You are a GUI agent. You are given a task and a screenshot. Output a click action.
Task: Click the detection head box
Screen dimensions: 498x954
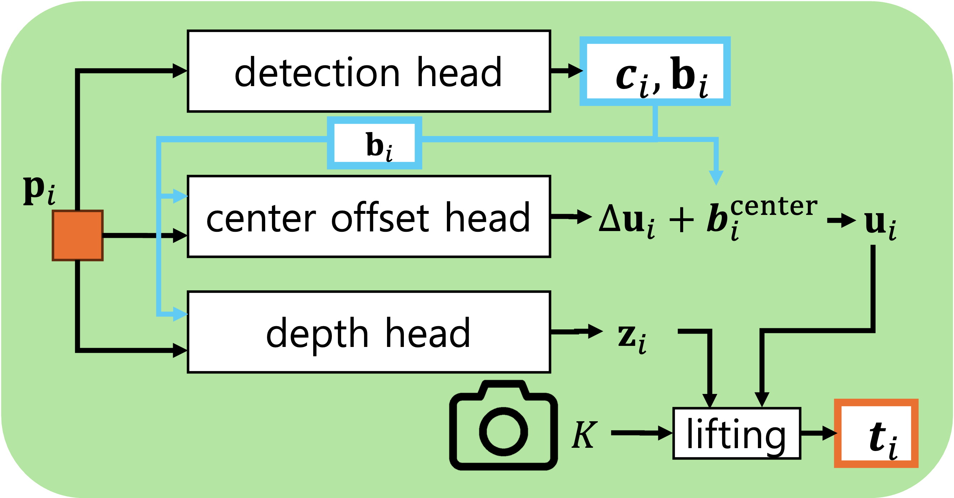click(x=368, y=71)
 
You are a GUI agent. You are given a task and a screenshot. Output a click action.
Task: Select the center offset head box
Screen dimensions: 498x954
click(x=368, y=217)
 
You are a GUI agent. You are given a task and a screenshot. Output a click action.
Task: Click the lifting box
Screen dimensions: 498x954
click(x=736, y=433)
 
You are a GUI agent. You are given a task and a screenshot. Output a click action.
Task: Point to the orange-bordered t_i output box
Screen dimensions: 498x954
click(x=876, y=433)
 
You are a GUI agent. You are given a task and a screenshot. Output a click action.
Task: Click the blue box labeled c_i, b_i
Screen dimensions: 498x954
click(x=655, y=71)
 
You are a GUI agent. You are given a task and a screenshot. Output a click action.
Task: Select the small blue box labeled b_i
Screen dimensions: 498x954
click(x=375, y=143)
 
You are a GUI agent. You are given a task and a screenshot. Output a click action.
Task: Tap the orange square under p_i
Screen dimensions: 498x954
click(x=77, y=235)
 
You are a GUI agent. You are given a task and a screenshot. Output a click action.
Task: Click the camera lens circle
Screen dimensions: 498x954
click(x=503, y=432)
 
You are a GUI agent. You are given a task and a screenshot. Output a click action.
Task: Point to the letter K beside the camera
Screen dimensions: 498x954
click(x=584, y=434)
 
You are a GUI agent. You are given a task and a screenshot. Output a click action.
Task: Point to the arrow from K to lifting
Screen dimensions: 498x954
click(x=641, y=433)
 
